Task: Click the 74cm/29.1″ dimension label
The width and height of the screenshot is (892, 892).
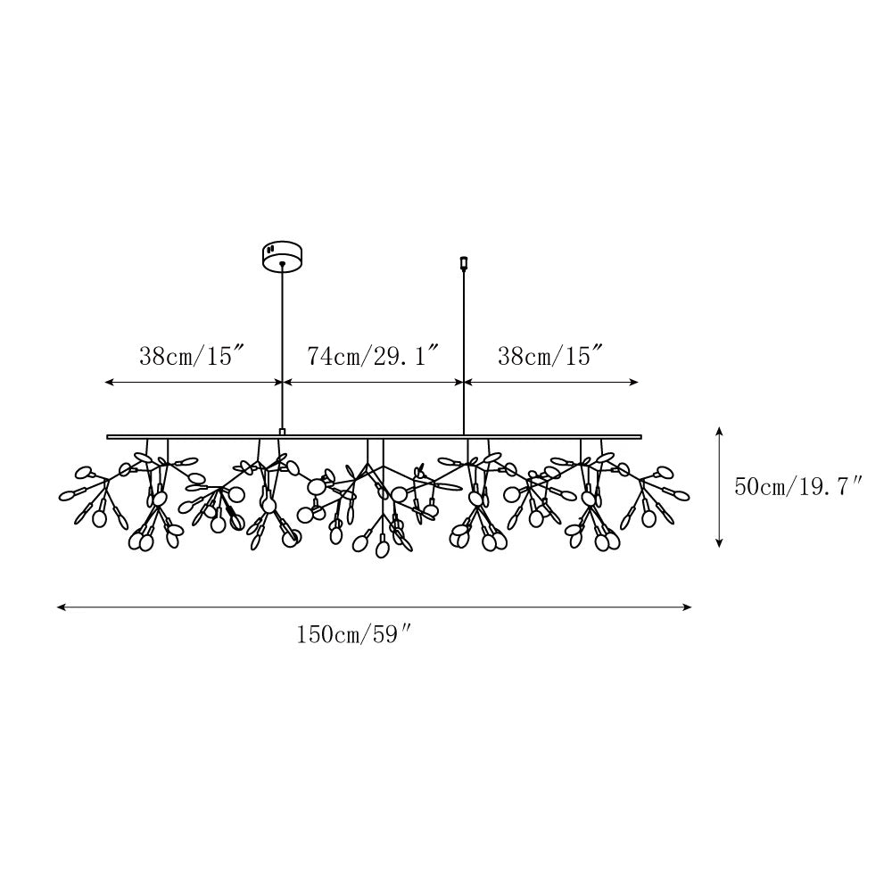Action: click(x=373, y=357)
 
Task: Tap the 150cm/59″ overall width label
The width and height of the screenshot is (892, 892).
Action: click(x=354, y=635)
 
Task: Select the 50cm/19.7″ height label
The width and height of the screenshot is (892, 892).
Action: click(x=798, y=487)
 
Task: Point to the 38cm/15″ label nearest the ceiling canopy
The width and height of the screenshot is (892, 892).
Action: click(x=192, y=357)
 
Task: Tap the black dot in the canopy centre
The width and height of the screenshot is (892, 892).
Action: click(x=283, y=264)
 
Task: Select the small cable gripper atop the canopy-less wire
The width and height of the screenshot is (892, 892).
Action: click(x=464, y=263)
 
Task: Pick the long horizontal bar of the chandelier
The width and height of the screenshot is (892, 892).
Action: click(x=375, y=437)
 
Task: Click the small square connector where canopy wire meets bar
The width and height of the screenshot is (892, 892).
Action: click(x=283, y=432)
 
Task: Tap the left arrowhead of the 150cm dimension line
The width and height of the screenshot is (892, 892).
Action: click(x=61, y=607)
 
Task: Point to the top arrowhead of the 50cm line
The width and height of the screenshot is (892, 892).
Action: click(x=719, y=431)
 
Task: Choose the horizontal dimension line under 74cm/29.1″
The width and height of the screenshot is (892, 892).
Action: click(x=373, y=383)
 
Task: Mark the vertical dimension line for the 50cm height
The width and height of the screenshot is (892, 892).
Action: click(x=719, y=487)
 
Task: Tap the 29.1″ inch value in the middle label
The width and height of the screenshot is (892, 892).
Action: click(x=406, y=357)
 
